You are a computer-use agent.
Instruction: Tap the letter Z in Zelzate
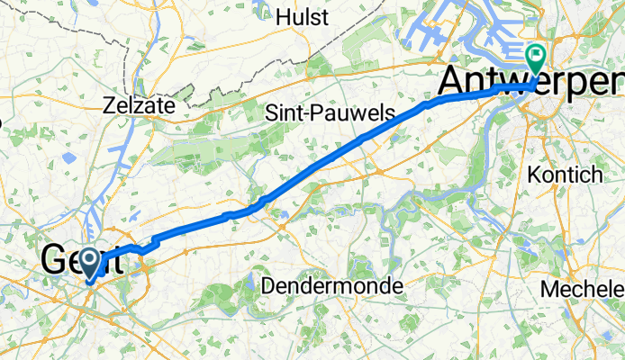[x=110, y=104]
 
